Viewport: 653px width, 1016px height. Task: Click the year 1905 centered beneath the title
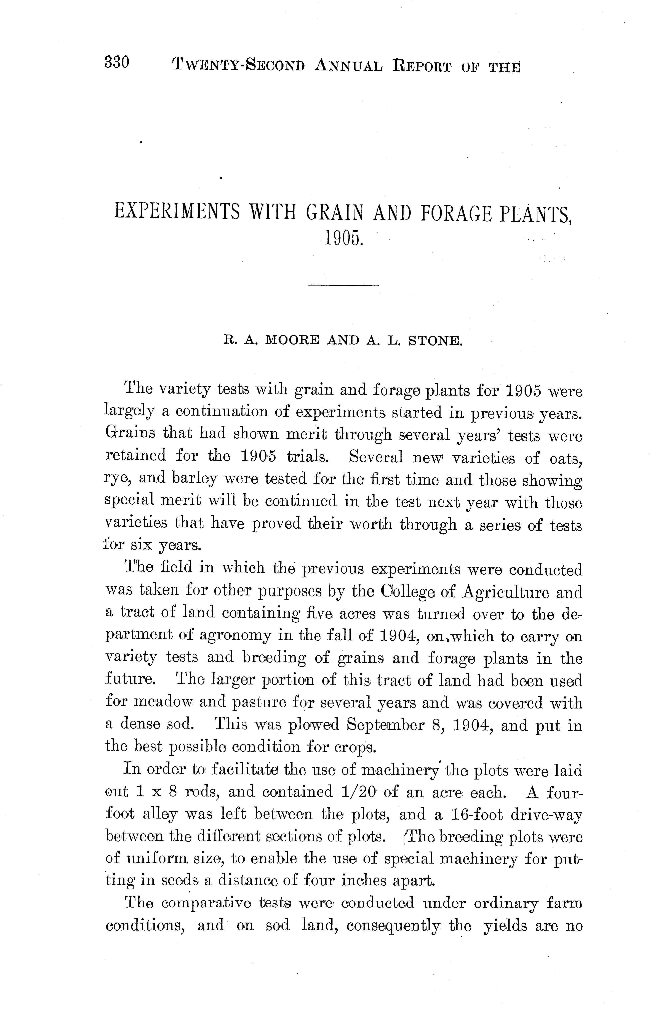tap(344, 239)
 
